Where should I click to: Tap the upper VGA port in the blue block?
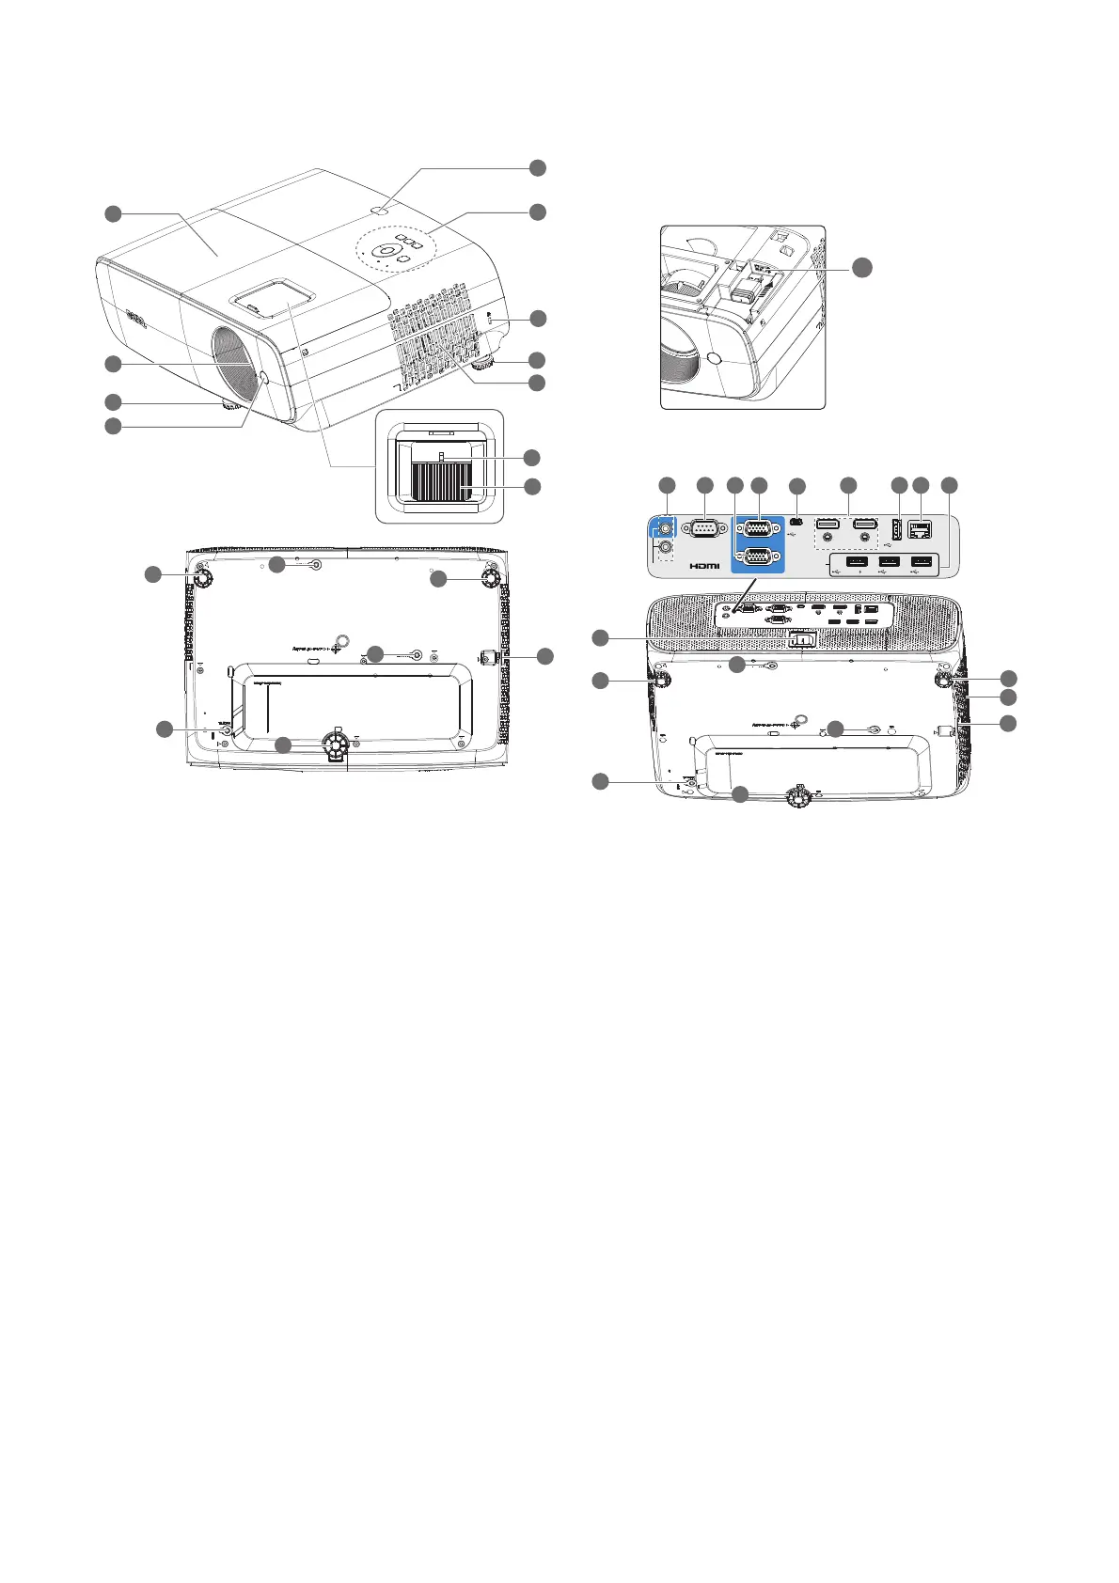pos(758,527)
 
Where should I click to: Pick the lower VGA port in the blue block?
pos(758,556)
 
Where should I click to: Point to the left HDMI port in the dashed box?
pos(827,524)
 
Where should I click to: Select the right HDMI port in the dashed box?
pos(865,524)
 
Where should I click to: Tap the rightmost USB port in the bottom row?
pos(924,562)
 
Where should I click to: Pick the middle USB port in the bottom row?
pos(890,562)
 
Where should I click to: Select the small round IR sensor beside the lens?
pos(260,379)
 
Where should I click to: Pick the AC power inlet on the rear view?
pos(800,640)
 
